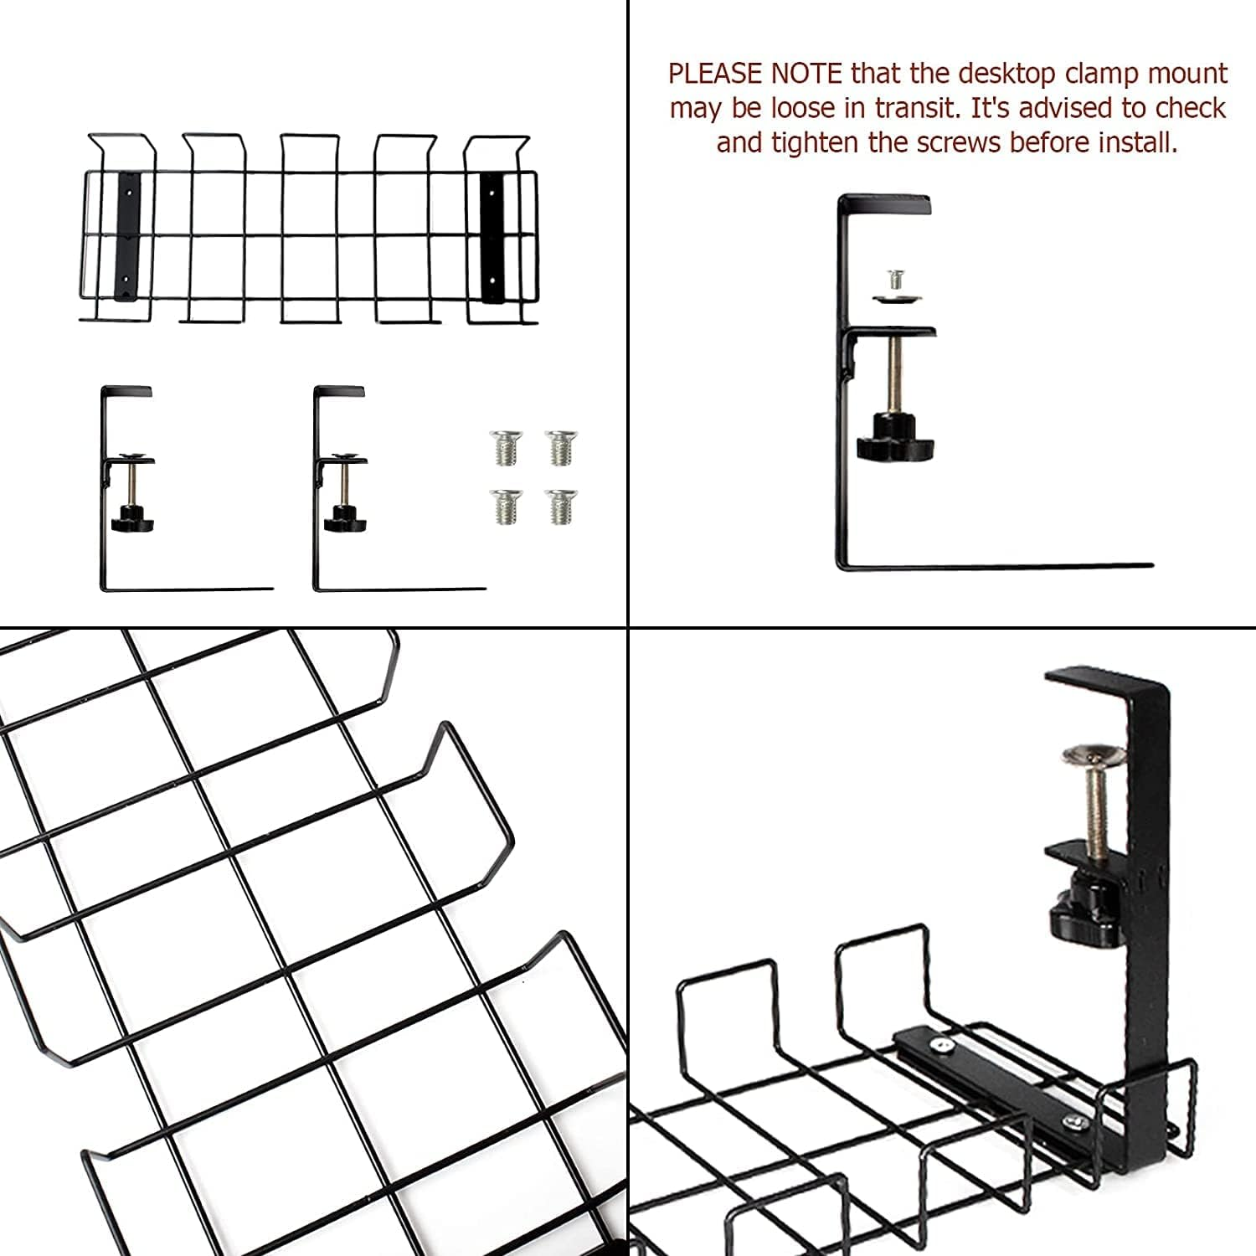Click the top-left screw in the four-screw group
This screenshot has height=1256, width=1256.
tap(504, 448)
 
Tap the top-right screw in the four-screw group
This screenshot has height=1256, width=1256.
tap(561, 448)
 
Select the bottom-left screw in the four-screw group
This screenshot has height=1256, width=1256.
tap(504, 507)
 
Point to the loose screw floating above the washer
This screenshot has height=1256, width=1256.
tap(894, 277)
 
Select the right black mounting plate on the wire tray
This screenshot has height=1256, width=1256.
tap(492, 236)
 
